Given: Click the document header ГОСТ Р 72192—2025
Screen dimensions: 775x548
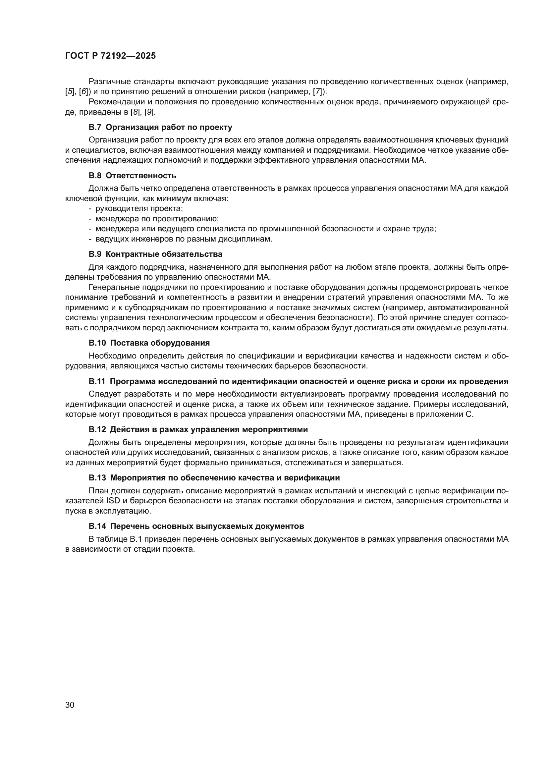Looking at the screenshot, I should coord(110,56).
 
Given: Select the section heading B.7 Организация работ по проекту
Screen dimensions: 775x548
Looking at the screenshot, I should coord(160,127).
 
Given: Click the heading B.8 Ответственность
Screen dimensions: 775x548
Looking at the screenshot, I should coord(132,176).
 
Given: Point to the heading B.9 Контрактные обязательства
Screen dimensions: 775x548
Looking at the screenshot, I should coord(155,254).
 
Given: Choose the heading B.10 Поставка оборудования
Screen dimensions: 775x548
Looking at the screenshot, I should coord(149,343).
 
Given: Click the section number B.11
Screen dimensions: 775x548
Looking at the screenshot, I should coord(97,381).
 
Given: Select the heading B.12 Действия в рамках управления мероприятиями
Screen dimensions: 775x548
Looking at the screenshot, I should coord(198,429).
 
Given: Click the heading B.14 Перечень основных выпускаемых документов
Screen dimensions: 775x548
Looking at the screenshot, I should coord(196,526).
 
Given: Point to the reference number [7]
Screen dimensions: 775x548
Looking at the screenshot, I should coord(318,91).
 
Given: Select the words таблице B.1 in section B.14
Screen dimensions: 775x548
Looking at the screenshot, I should coord(113,539).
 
